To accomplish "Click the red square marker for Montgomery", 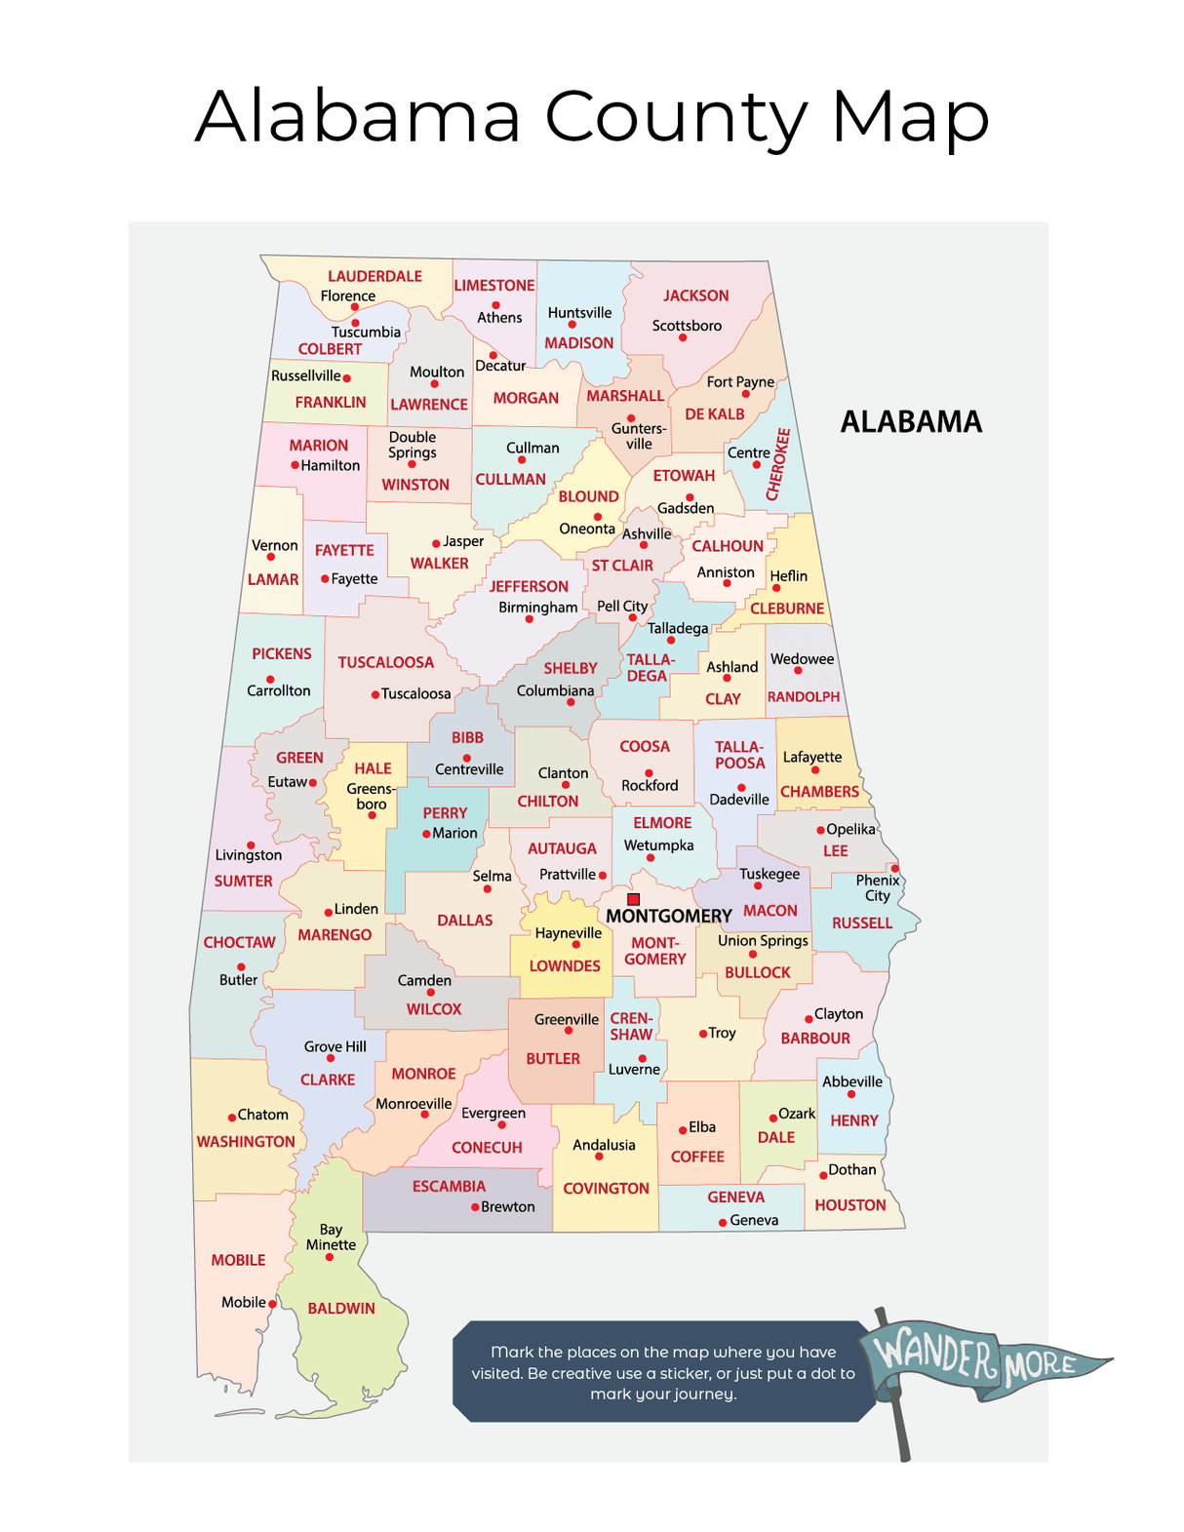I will pos(633,899).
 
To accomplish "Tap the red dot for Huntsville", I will pos(572,325).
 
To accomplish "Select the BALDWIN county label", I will pos(341,1309).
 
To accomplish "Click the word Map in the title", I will pos(910,118).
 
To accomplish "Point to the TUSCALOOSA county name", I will pos(385,663).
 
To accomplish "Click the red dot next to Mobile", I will pos(273,1304).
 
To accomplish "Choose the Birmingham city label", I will pos(537,608).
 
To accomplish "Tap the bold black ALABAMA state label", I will pos(911,422).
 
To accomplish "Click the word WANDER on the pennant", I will pos(933,1353).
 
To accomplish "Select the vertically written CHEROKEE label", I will pos(778,464).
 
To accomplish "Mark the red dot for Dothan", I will pos(823,1175).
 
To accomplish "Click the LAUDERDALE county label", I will pos(375,277).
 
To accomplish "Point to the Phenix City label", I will pos(878,888).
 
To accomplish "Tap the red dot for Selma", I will pos(488,889).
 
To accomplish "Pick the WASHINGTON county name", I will pos(246,1142).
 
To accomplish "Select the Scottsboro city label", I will pos(687,326).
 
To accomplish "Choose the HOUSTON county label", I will pos(850,1205).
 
